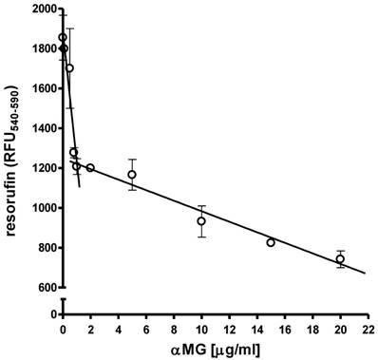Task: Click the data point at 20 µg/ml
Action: click(340, 258)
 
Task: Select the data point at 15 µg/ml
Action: click(271, 242)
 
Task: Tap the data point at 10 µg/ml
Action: click(201, 221)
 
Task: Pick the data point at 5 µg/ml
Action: click(132, 175)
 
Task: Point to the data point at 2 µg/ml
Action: click(90, 168)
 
